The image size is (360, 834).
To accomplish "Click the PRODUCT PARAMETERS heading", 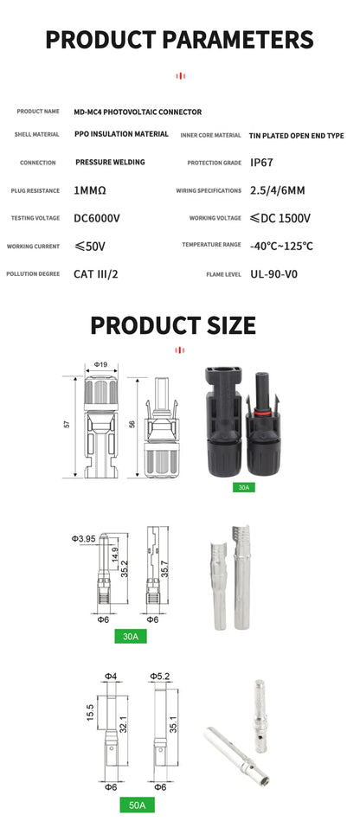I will [179, 39].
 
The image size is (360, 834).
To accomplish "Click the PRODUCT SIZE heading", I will [173, 325].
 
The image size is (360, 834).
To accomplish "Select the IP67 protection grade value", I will [263, 163].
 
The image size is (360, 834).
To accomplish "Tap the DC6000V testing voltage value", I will [97, 218].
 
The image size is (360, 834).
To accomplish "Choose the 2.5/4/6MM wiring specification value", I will [277, 190].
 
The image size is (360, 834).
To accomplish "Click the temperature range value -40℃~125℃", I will [281, 246].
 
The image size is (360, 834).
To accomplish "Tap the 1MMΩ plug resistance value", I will [91, 190].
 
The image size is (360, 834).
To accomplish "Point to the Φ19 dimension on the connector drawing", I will [100, 364].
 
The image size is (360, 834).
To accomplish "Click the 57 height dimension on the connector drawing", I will [66, 424].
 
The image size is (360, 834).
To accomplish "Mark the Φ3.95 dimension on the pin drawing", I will [83, 539].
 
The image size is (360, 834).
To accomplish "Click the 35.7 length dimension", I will [176, 568].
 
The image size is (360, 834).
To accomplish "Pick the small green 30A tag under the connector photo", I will [242, 488].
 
